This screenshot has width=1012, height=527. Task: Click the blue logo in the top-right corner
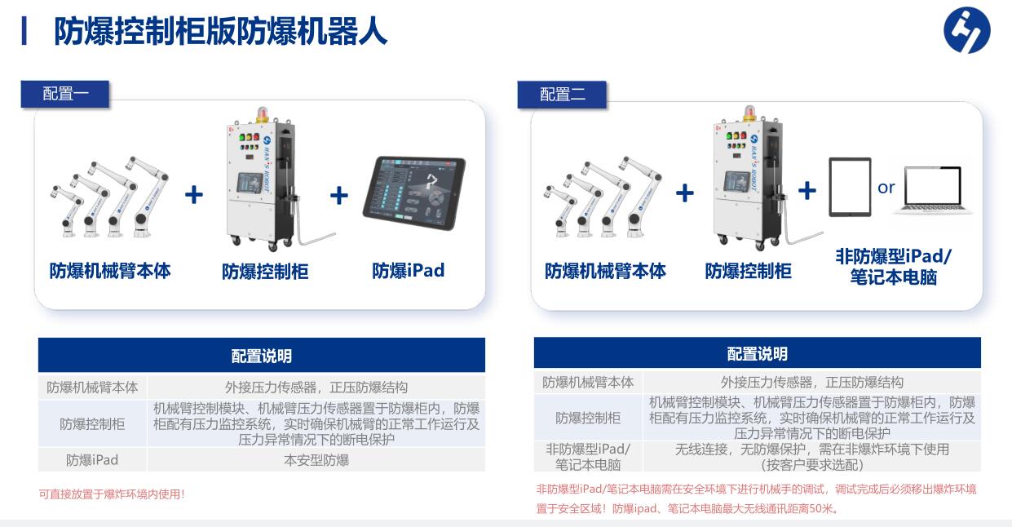pos(967,30)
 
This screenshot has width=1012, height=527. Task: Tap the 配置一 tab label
pos(65,94)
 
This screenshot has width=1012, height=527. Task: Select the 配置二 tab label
pos(562,95)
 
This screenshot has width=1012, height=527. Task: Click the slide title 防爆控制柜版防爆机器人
pos(220,31)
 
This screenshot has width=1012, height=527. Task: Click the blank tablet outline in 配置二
pos(850,187)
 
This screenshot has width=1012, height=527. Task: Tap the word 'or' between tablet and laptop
pos(886,188)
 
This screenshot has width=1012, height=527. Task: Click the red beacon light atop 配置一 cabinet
pos(263,114)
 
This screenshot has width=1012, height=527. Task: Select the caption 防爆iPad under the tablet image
pos(409,270)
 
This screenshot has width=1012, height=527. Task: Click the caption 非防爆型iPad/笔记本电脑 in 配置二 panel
pos(894,267)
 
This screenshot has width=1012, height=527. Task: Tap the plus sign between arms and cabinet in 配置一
pos(194,195)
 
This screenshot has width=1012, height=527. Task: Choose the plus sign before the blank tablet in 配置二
pos(807,191)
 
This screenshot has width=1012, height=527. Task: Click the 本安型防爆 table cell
pos(316,460)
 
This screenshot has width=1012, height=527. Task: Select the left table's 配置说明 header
pos(262,356)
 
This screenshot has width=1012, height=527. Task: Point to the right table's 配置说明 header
pos(758,354)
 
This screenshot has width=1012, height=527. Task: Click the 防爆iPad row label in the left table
pos(92,460)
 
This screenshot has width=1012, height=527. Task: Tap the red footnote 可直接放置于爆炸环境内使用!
pos(112,494)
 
